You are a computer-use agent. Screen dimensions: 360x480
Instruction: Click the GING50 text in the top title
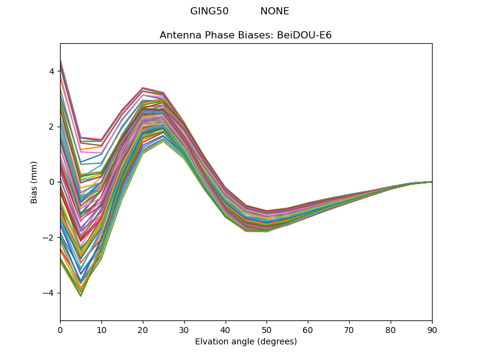[209, 11]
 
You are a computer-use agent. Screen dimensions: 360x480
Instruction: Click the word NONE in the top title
[275, 11]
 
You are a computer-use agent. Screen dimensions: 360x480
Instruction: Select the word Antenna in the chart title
[178, 35]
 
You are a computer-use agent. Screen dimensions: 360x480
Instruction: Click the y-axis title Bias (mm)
[34, 182]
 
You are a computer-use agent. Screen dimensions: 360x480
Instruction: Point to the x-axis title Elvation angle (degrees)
[246, 342]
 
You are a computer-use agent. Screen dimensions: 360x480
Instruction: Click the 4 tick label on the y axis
[52, 71]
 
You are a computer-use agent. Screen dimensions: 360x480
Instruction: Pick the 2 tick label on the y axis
[52, 127]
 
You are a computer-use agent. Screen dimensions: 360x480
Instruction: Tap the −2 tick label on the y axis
[49, 238]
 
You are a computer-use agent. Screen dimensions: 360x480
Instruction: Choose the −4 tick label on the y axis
[49, 293]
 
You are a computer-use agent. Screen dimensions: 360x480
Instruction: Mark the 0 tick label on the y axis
[52, 182]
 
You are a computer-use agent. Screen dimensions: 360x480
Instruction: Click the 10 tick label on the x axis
[101, 329]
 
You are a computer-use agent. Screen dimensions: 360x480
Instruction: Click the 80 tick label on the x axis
[391, 329]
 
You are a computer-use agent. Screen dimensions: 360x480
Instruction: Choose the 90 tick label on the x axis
[431, 329]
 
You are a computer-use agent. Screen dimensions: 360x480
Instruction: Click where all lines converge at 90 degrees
[431, 182]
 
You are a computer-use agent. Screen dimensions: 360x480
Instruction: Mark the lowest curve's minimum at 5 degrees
[80, 296]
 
